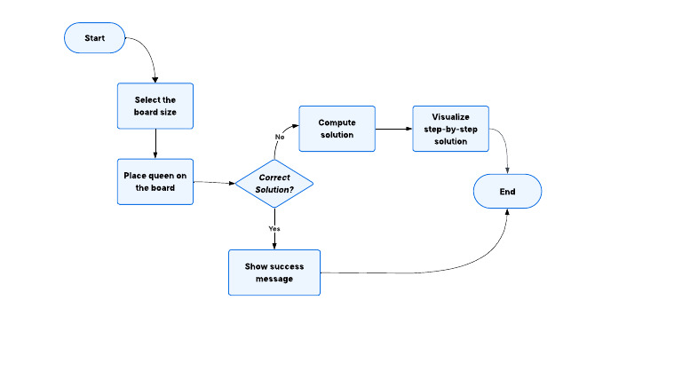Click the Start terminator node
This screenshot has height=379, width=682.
95,38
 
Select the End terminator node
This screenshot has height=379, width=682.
506,191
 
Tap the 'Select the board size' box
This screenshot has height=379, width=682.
155,106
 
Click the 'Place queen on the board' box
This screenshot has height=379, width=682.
155,181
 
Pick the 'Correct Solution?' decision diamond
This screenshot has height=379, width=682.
274,184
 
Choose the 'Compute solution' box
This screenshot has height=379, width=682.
337,129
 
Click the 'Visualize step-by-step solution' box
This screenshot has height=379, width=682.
450,129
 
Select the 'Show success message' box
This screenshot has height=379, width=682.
274,272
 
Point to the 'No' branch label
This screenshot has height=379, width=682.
280,138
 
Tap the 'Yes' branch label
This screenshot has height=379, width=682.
274,229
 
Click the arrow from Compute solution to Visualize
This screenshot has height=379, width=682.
393,129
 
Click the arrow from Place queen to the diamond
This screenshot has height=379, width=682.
213,183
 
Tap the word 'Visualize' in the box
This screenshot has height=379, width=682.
450,117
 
